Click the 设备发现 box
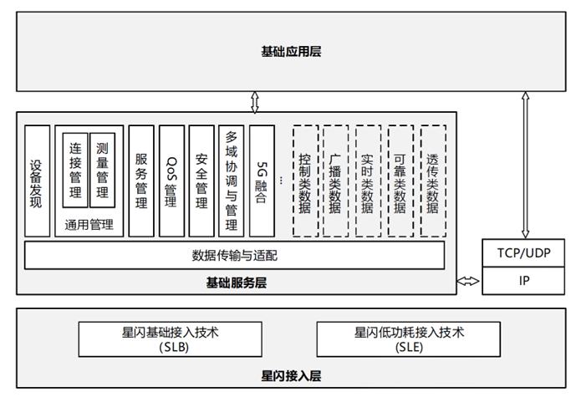click(37, 181)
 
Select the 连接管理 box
click(75, 170)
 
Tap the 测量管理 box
click(102, 170)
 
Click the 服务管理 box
click(141, 181)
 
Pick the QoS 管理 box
click(171, 181)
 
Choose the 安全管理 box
click(201, 181)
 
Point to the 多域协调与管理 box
click(232, 181)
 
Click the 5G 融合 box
click(262, 181)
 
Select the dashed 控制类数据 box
click(305, 181)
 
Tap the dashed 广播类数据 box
click(336, 181)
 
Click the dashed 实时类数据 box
click(369, 181)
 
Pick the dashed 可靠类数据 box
click(401, 181)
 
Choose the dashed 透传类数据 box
click(433, 181)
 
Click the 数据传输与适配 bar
click(235, 255)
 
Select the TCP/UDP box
click(523, 253)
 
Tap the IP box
click(523, 281)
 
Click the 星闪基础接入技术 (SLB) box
click(170, 339)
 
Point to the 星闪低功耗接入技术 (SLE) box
click(409, 339)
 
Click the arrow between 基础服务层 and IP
click(469, 281)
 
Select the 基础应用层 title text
click(291, 52)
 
